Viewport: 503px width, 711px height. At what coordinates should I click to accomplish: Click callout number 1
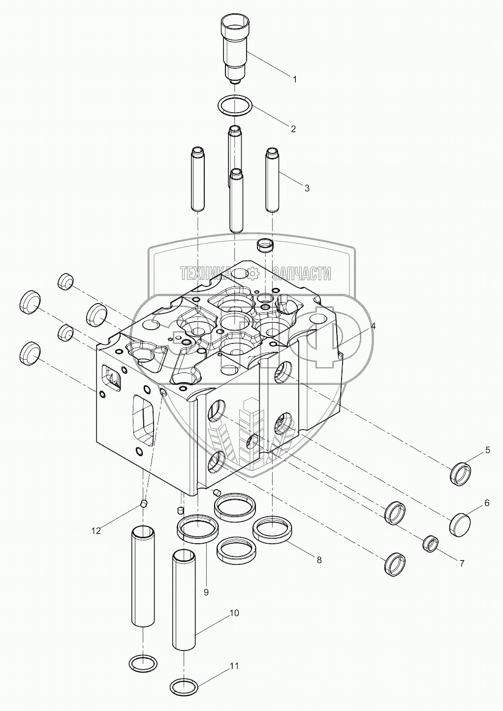pos(294,79)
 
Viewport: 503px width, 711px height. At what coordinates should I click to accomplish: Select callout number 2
pos(293,129)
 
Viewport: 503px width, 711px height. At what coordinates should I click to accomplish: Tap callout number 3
pos(307,188)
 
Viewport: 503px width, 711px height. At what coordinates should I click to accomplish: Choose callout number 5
pos(488,450)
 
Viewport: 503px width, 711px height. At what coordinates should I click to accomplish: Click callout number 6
pos(487,503)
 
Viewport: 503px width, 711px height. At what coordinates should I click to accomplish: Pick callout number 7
pos(462,564)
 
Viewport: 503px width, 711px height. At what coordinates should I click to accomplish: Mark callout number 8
pos(319,559)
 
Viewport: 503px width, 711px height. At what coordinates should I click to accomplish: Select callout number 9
pos(206,592)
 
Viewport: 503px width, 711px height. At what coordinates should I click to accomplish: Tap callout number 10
pos(234,613)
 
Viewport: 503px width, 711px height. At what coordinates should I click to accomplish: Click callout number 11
pos(234,666)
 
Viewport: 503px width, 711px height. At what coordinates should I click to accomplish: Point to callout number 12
pos(96,530)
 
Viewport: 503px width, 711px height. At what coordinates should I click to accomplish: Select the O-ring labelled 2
pos(235,106)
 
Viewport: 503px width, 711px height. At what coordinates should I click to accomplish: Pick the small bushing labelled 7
pos(430,544)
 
